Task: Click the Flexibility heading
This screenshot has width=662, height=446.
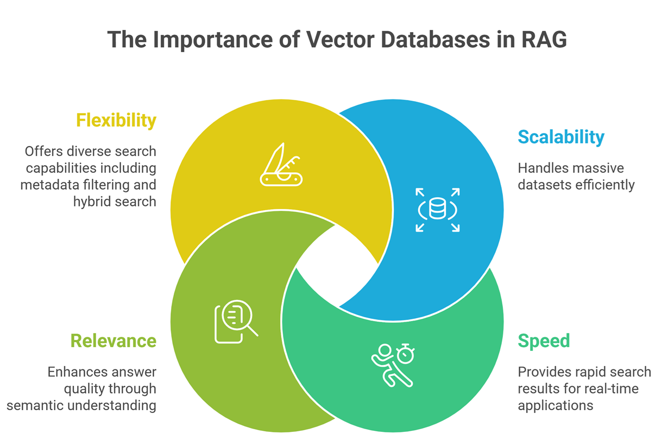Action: (x=116, y=120)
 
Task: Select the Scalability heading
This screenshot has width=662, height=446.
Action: (x=560, y=137)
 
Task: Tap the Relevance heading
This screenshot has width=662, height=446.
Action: (x=113, y=341)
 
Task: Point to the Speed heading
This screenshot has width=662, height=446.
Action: (x=544, y=341)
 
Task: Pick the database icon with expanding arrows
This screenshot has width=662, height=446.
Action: (x=438, y=210)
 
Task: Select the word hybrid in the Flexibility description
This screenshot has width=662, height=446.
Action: (x=91, y=202)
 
